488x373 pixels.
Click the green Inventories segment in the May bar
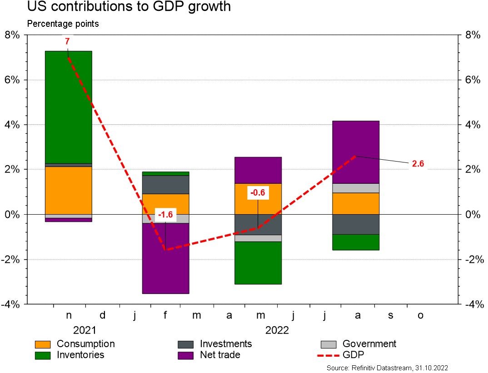258,263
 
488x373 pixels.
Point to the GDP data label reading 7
67,41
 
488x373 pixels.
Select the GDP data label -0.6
258,192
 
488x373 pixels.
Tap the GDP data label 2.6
418,164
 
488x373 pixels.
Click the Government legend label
369,344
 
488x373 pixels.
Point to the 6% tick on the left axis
12,80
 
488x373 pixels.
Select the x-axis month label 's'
390,315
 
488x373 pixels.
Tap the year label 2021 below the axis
85,330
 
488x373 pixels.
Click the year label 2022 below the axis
277,330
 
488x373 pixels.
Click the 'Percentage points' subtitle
63,24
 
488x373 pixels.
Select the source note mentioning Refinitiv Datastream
388,368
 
